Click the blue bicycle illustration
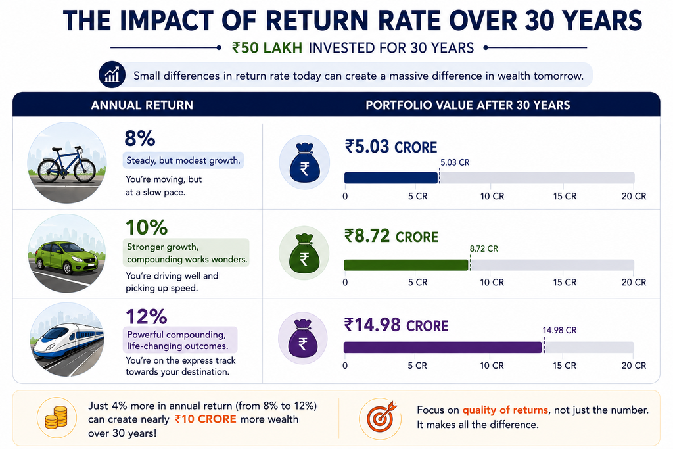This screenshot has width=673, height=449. pyautogui.click(x=66, y=165)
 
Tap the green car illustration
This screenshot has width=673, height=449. pyautogui.click(x=66, y=258)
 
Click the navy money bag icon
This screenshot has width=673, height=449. pyautogui.click(x=304, y=163)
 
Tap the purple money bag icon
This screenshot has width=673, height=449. pyautogui.click(x=302, y=339)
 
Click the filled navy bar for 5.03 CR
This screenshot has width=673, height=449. pyautogui.click(x=391, y=177)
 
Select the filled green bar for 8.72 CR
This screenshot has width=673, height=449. pyautogui.click(x=406, y=265)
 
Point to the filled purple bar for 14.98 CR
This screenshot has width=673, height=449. pyautogui.click(x=443, y=347)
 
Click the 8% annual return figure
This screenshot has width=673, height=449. pyautogui.click(x=140, y=139)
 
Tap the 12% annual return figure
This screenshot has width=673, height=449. pyautogui.click(x=147, y=317)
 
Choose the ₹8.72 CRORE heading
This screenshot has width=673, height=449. pyautogui.click(x=391, y=236)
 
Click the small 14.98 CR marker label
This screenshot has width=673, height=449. pyautogui.click(x=559, y=330)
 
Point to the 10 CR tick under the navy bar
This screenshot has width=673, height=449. pyautogui.click(x=492, y=196)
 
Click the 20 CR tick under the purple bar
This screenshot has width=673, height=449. pyautogui.click(x=634, y=366)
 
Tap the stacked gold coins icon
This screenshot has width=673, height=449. pyautogui.click(x=57, y=417)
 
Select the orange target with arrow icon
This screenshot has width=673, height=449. pyautogui.click(x=381, y=417)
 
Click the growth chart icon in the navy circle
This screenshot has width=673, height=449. pyautogui.click(x=112, y=75)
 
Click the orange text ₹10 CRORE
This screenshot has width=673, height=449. pyautogui.click(x=205, y=419)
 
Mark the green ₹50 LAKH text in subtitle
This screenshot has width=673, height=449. pyautogui.click(x=267, y=47)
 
